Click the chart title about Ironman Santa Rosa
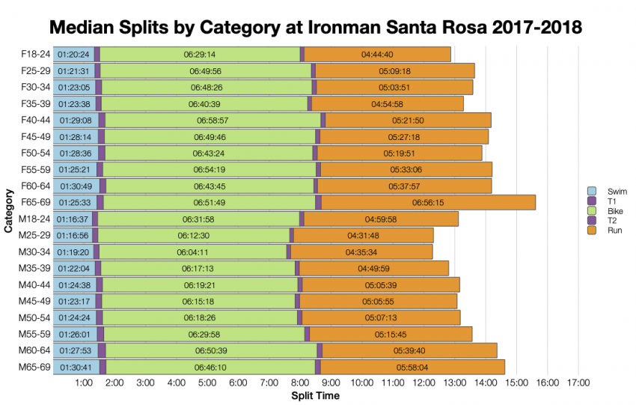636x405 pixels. pos(315,27)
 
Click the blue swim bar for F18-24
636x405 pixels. pos(73,54)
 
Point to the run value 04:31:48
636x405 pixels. pos(363,235)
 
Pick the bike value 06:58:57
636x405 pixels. pos(212,120)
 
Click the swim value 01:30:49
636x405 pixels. pos(75,186)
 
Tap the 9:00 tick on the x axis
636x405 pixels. pos(331,383)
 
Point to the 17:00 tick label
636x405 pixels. pos(578,383)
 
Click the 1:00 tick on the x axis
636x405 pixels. pos(84,383)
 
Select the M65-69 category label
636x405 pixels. pos(34,367)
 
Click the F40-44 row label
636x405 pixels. pos(34,120)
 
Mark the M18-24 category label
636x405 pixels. pos(34,219)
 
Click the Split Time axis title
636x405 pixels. pos(315,395)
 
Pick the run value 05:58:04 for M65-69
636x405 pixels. pos(412,367)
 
